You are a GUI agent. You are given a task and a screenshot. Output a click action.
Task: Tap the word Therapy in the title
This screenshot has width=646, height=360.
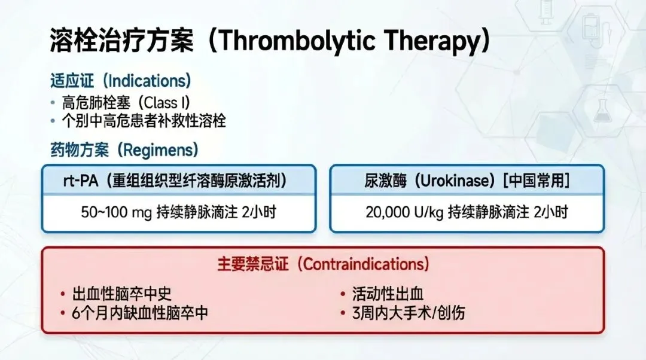(x=432, y=41)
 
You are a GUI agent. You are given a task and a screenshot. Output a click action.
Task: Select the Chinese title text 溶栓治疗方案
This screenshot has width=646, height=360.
(x=122, y=41)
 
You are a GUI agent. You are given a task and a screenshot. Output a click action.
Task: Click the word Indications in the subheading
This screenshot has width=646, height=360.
(x=147, y=81)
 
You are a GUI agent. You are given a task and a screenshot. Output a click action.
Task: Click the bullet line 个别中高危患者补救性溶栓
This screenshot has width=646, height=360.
(x=144, y=121)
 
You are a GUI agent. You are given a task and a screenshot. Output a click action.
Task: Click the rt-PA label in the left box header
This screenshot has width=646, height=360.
(x=81, y=181)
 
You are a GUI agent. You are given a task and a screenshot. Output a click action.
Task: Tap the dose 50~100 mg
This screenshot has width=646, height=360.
(x=116, y=212)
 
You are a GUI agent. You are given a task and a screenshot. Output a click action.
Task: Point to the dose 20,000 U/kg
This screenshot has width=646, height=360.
(x=404, y=212)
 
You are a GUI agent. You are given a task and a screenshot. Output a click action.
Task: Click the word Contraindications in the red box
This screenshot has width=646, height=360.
(x=365, y=264)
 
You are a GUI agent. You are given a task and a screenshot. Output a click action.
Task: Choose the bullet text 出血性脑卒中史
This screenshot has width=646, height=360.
(x=121, y=294)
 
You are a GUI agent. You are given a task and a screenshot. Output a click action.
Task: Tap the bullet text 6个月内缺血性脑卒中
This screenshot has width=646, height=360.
(x=139, y=313)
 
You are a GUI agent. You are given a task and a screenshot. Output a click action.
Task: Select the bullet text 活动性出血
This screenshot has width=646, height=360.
(x=388, y=294)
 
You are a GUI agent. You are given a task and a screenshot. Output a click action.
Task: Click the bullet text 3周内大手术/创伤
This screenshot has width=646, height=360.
(x=409, y=313)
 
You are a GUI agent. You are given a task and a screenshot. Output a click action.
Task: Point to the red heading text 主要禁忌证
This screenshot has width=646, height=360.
(x=253, y=264)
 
